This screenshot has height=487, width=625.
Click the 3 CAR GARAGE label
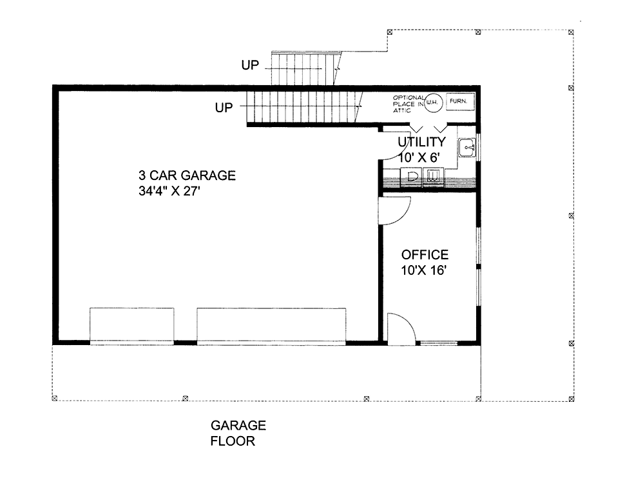tap(187, 175)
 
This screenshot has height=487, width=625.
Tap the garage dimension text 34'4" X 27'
tap(169, 191)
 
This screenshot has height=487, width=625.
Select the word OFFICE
tap(425, 255)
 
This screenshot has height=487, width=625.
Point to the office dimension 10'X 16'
tap(423, 270)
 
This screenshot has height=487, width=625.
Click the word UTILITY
tap(422, 142)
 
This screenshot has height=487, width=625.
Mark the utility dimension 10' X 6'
tap(419, 157)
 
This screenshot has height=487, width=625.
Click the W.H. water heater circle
tap(432, 103)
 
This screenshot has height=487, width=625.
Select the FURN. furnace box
tap(459, 101)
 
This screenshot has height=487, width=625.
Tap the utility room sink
tap(466, 147)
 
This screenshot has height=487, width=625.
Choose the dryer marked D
tap(411, 177)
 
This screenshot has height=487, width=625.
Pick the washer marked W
tap(433, 177)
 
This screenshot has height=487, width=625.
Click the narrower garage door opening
tap(131, 326)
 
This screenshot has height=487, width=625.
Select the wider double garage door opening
tap(271, 326)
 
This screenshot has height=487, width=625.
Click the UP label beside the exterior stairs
tap(250, 65)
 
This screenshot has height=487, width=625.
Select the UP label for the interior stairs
tap(224, 107)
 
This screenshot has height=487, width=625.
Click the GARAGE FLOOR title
tap(238, 433)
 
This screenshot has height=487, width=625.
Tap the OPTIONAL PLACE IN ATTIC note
tap(409, 104)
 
